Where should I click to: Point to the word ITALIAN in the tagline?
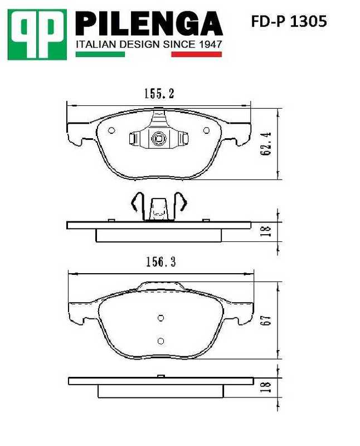(x=95, y=43)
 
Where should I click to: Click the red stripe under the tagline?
(x=196, y=54)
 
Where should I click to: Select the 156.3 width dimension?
(x=160, y=262)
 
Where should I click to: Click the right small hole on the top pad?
(x=207, y=130)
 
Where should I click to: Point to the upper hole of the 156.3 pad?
(x=160, y=318)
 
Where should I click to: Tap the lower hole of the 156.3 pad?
(x=160, y=341)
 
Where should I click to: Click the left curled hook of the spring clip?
(x=134, y=203)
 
